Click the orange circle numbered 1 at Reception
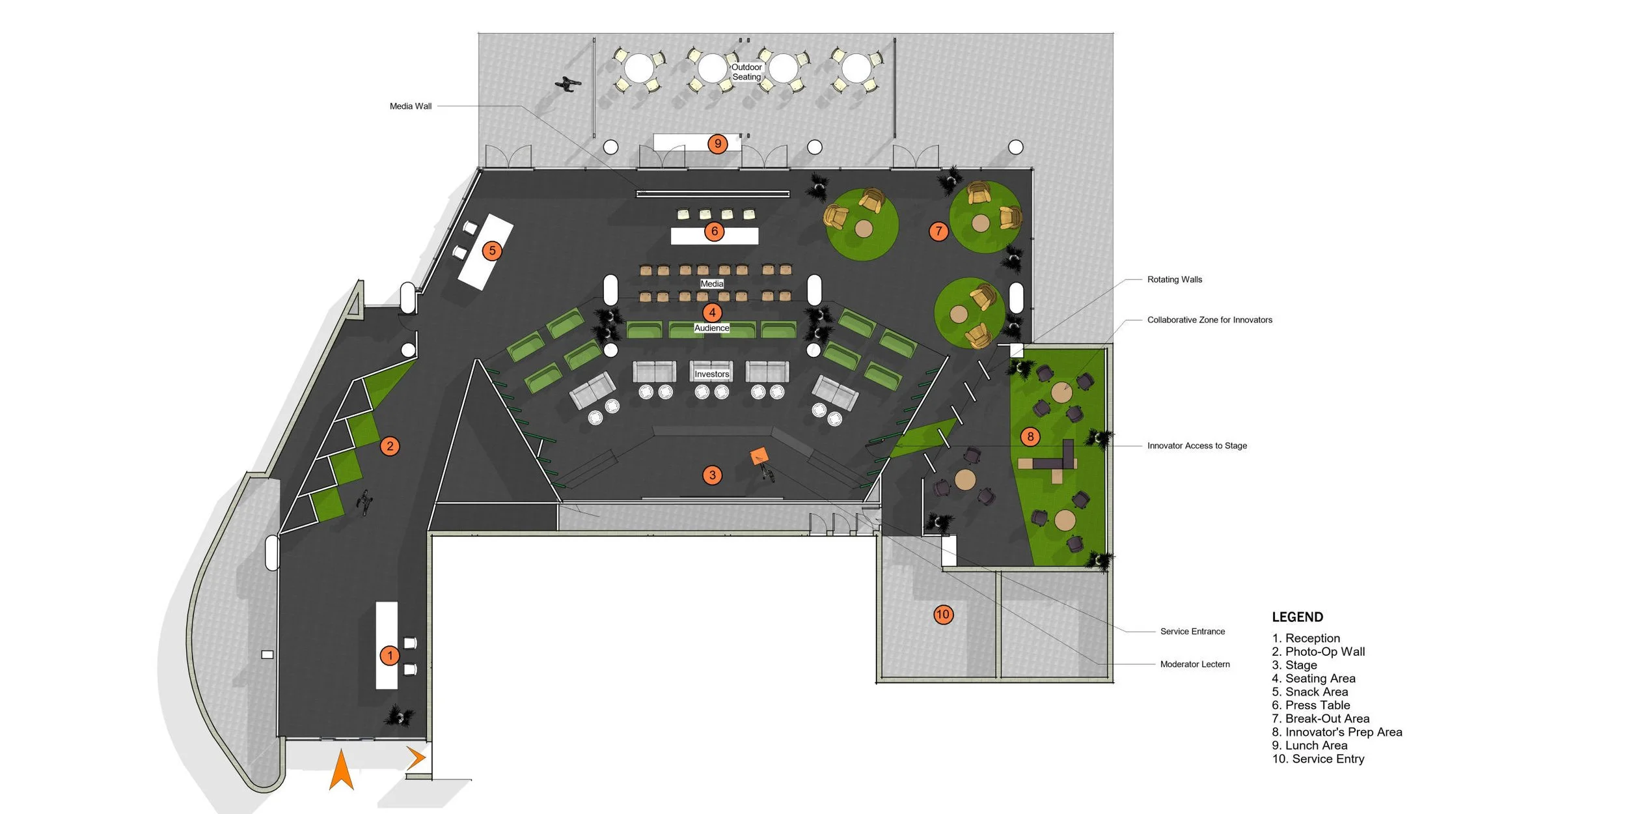click(389, 655)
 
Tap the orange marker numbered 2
click(390, 446)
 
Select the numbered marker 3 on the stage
click(712, 475)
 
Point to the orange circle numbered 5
click(492, 251)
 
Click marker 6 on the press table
click(714, 231)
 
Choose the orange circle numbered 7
click(938, 231)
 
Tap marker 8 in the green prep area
click(1030, 436)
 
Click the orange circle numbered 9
click(717, 143)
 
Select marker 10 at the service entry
click(942, 614)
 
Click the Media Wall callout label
click(410, 106)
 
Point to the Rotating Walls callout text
click(1174, 279)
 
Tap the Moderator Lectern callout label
click(1194, 664)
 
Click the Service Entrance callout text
click(1192, 631)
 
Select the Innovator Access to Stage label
click(1197, 445)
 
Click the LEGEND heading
click(1297, 617)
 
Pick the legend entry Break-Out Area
click(1320, 718)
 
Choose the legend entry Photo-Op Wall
click(1318, 651)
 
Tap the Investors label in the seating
click(711, 374)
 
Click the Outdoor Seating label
click(746, 72)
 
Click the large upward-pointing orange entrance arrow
click(341, 770)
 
